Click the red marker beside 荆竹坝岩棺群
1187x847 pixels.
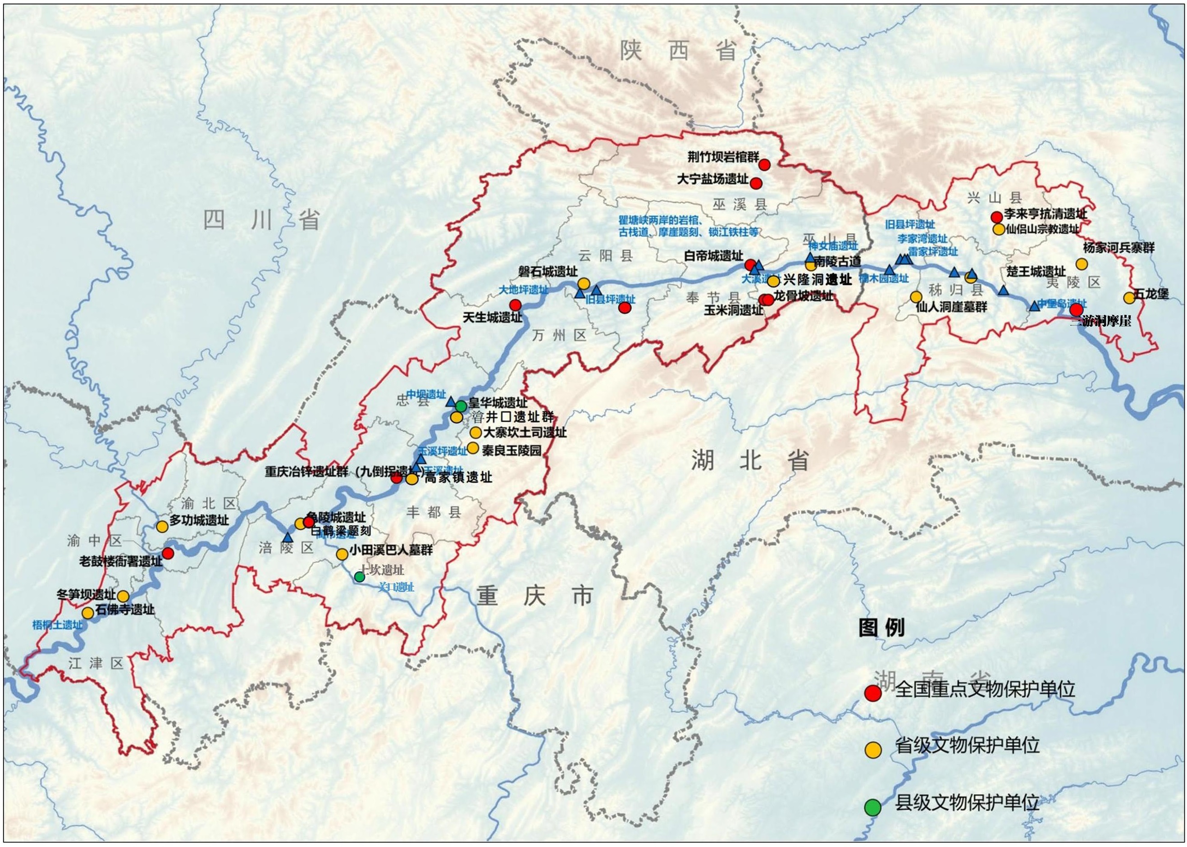tap(764, 165)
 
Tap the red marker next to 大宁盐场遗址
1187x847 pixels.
tap(756, 183)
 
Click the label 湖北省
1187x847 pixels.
tap(750, 460)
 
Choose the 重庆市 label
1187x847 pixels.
tap(534, 596)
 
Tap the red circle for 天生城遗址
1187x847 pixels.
tap(515, 305)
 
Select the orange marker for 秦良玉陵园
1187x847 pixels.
tap(473, 447)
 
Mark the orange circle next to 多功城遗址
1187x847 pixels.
tap(162, 527)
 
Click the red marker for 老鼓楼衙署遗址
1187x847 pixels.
tap(168, 553)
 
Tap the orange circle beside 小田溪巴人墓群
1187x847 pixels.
tap(342, 554)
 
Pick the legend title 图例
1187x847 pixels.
tap(881, 628)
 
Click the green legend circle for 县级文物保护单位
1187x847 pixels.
tap(873, 807)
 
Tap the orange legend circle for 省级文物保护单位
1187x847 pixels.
tap(873, 750)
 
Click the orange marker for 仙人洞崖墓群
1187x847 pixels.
tap(916, 297)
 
